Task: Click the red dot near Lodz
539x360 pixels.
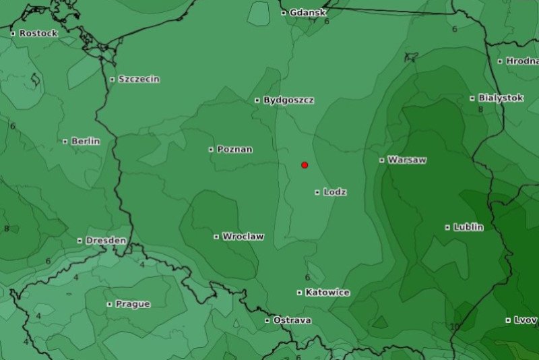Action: [x=305, y=165]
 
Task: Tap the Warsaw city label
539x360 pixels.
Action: [x=407, y=160]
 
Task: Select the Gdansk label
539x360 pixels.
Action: [x=308, y=12]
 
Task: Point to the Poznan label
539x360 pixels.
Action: [x=234, y=149]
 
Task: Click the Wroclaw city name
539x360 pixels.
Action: [x=243, y=237]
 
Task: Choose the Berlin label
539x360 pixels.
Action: [x=85, y=141]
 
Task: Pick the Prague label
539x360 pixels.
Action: [x=133, y=304]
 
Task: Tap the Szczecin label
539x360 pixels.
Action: [x=139, y=79]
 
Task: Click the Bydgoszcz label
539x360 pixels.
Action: [x=288, y=100]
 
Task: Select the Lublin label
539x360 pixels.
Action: [x=468, y=227]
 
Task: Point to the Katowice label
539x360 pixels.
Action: [x=327, y=293]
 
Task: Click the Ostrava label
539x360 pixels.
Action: [x=292, y=320]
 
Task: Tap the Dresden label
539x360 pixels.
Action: [x=106, y=240]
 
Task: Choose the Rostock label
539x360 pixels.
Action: [x=38, y=33]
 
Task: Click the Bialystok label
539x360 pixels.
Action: [x=501, y=98]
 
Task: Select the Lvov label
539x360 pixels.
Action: [x=526, y=320]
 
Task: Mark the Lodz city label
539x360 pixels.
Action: [x=335, y=192]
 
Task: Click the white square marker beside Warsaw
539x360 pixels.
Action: [x=382, y=160]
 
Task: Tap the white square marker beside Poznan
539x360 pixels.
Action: [x=211, y=150]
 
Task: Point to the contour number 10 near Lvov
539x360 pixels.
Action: [x=455, y=327]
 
